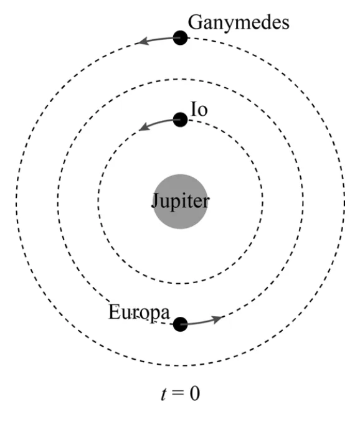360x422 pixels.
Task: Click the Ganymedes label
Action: (x=239, y=23)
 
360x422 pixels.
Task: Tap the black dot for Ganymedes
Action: (x=180, y=38)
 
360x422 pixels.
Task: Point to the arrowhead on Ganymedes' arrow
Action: (x=143, y=41)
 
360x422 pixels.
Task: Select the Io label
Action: (x=199, y=110)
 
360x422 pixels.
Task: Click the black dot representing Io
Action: (x=180, y=120)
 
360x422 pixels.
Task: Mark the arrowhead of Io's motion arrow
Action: (x=144, y=126)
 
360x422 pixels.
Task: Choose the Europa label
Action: (x=140, y=312)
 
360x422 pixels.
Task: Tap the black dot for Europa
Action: (x=180, y=324)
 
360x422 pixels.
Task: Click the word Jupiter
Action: (x=180, y=202)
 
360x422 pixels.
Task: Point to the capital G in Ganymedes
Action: (x=195, y=22)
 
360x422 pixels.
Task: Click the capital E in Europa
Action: (x=114, y=312)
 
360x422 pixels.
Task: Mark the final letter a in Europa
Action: (x=165, y=314)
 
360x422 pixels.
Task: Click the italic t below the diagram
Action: (x=164, y=393)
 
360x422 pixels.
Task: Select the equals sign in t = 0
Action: (x=178, y=393)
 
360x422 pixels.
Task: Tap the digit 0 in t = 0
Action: (x=195, y=393)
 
